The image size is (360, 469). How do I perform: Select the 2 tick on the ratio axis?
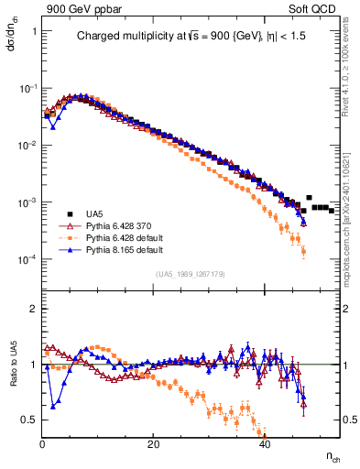click(x=33, y=309)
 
